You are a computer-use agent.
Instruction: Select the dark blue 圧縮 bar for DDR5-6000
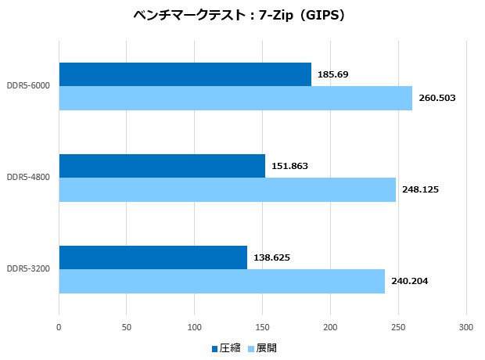click(185, 74)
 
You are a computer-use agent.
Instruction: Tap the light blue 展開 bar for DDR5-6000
click(235, 98)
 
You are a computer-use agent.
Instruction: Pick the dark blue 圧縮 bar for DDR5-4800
click(162, 166)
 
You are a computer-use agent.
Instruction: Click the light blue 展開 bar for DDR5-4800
click(227, 189)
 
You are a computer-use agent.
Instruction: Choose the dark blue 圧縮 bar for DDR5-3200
click(153, 257)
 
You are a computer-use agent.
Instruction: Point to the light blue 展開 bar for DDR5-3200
click(221, 281)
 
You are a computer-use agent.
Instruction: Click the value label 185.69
click(333, 74)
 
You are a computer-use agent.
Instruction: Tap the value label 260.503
click(437, 98)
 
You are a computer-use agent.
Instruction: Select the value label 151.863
click(290, 166)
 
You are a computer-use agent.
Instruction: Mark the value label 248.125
click(421, 189)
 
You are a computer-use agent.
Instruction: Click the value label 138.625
click(272, 257)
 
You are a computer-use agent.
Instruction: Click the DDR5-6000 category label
click(28, 86)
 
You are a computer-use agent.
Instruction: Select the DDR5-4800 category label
click(28, 178)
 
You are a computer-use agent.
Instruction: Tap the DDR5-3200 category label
click(28, 269)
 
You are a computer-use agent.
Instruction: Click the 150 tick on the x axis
click(263, 326)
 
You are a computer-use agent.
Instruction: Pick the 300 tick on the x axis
click(466, 326)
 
